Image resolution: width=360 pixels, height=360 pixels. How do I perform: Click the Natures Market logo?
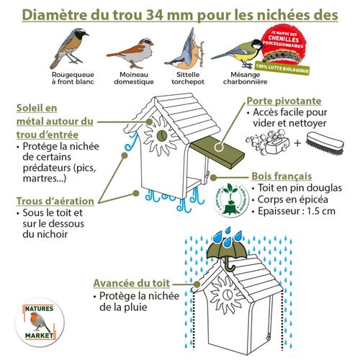[40, 320]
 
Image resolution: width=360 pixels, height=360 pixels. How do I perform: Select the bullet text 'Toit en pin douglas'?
[292, 189]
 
